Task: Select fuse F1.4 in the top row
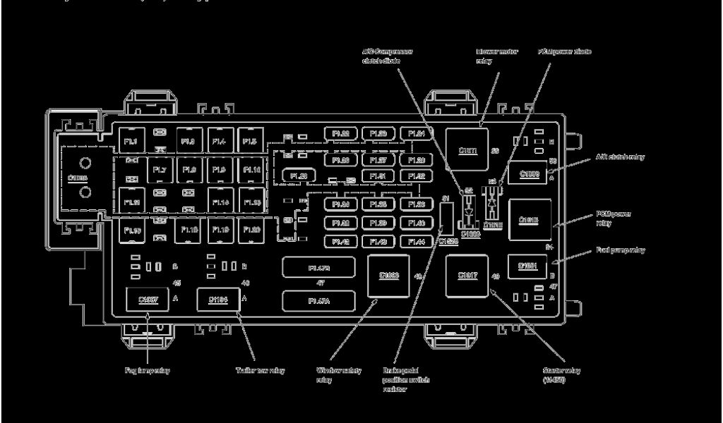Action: tap(219, 141)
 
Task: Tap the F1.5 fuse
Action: tap(250, 141)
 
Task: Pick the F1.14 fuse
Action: tap(220, 202)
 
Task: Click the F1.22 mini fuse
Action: tap(342, 133)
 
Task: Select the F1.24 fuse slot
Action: tap(417, 133)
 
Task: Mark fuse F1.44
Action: tap(417, 241)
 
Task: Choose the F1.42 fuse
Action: tap(342, 241)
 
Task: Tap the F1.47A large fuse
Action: tap(319, 301)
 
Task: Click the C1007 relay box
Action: tap(148, 300)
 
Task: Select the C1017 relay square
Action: tap(467, 275)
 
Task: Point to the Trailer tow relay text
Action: tap(260, 370)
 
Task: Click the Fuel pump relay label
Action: tap(620, 250)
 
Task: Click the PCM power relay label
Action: tap(613, 218)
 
